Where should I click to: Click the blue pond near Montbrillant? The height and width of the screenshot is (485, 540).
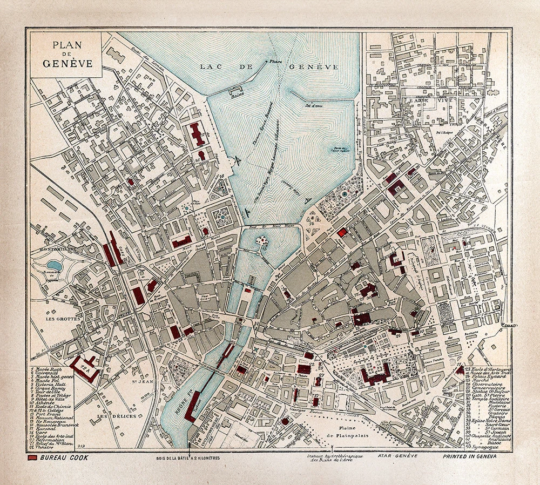click(54, 265)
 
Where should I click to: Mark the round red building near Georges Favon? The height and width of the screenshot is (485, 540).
click(285, 421)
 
